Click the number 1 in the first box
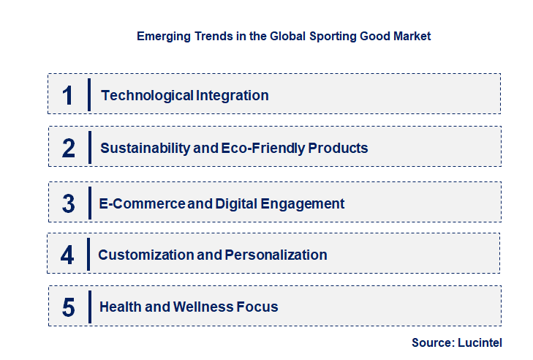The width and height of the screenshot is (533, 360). click(68, 95)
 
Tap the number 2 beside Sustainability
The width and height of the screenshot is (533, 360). click(69, 148)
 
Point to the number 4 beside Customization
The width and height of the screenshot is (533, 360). click(67, 255)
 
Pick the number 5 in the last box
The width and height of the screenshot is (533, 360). click(68, 307)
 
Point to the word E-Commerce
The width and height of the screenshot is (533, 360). click(142, 203)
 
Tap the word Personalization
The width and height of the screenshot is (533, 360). click(276, 255)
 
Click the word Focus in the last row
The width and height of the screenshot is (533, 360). click(257, 307)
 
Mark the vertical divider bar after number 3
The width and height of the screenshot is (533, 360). click(89, 202)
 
